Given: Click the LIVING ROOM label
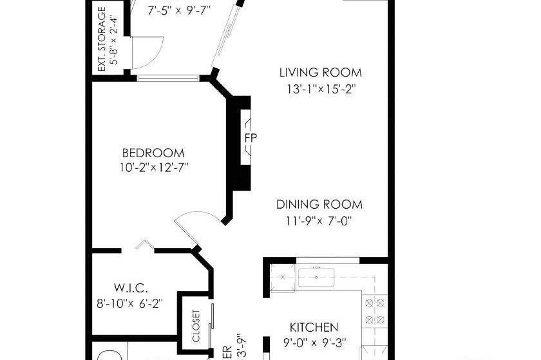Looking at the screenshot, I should pyautogui.click(x=320, y=73).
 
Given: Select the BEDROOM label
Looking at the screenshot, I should pyautogui.click(x=153, y=153).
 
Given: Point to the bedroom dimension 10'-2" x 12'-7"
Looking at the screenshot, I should pyautogui.click(x=153, y=168).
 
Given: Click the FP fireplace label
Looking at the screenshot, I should pyautogui.click(x=250, y=138).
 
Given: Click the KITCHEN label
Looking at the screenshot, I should pyautogui.click(x=314, y=327).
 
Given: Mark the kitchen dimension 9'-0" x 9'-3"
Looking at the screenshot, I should pyautogui.click(x=314, y=343).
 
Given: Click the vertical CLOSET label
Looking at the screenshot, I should pyautogui.click(x=196, y=327).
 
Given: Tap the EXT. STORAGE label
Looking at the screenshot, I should pyautogui.click(x=101, y=39).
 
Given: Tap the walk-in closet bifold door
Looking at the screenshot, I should pyautogui.click(x=144, y=245).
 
